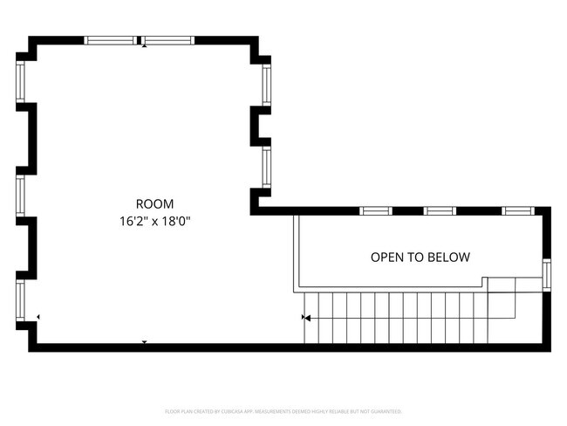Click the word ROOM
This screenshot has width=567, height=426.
[x=154, y=203]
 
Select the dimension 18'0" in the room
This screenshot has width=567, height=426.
[x=175, y=222]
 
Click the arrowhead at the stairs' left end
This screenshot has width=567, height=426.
[x=306, y=318]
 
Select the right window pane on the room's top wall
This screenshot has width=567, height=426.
[x=167, y=40]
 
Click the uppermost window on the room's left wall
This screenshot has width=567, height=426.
[x=20, y=81]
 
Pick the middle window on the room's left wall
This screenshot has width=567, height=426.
[x=20, y=195]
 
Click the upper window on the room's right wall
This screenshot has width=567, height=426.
[x=267, y=86]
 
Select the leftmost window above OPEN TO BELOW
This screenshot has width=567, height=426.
[x=375, y=210]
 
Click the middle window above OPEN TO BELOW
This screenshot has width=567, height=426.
[x=440, y=210]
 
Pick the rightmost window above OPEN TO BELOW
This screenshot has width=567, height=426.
[x=518, y=210]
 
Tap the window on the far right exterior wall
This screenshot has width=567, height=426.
[x=547, y=274]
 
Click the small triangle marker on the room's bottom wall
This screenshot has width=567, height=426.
[x=145, y=342]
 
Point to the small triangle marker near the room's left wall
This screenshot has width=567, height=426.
[x=38, y=316]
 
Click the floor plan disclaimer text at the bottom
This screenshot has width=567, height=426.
[x=283, y=410]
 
